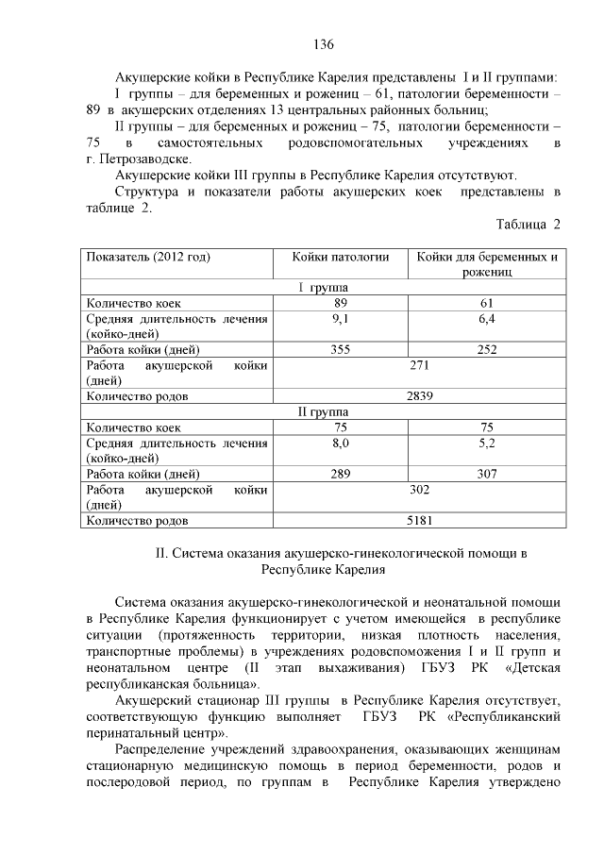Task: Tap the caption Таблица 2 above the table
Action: coord(528,224)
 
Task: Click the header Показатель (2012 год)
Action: coord(148,256)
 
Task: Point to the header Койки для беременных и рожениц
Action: coord(487,263)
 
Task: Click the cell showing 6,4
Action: coord(487,318)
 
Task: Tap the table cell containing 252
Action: coord(487,349)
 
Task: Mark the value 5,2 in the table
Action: coord(487,442)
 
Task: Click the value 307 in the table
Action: coord(487,474)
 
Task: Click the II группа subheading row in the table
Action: coord(323,411)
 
